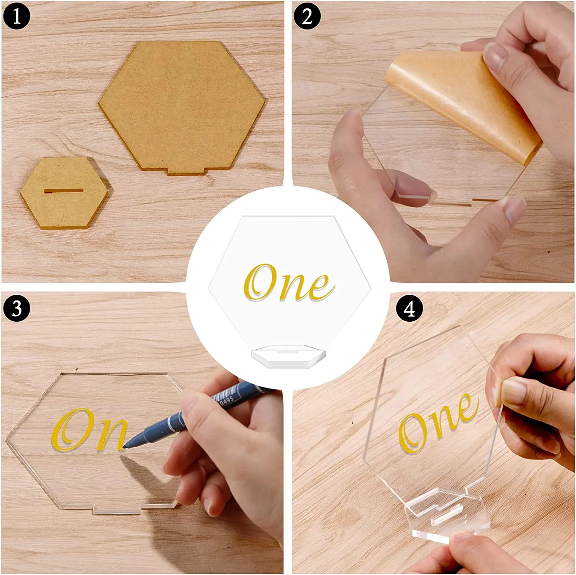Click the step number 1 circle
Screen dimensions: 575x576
click(16, 17)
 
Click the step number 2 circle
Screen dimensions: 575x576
click(307, 17)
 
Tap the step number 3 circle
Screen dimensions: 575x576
click(16, 308)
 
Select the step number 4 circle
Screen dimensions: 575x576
click(409, 308)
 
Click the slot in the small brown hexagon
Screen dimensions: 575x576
click(64, 191)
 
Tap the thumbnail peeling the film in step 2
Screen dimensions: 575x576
click(495, 58)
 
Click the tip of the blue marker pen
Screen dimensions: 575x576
click(127, 446)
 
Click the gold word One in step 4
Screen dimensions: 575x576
click(438, 422)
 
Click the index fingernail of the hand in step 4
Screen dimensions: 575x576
click(513, 390)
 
